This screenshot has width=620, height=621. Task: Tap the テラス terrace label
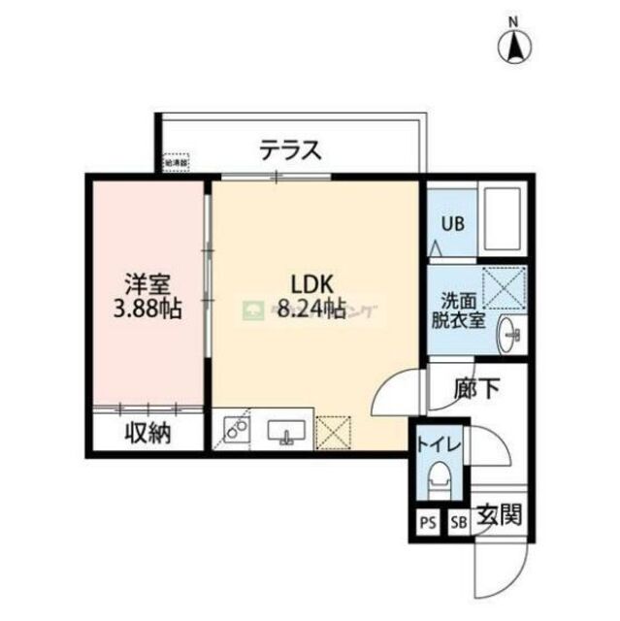[x=289, y=150]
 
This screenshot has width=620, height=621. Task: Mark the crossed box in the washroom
[x=505, y=287]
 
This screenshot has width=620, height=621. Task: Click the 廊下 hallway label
[x=476, y=389]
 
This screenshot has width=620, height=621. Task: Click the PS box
[x=427, y=523]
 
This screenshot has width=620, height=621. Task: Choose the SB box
[x=458, y=523]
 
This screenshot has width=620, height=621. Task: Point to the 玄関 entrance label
[x=499, y=514]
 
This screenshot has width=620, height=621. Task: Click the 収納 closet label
[x=147, y=433]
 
